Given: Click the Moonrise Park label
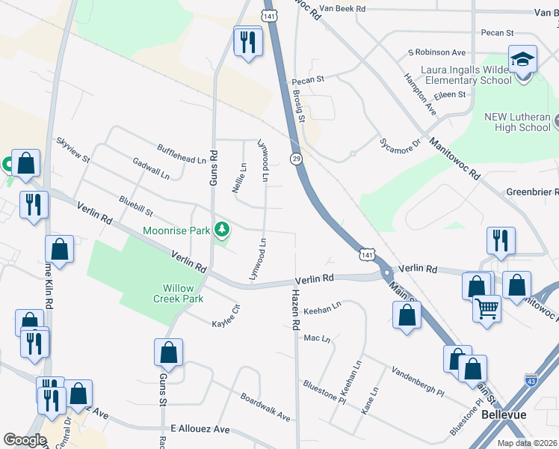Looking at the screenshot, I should (x=177, y=230).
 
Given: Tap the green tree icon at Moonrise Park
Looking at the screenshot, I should (x=221, y=229).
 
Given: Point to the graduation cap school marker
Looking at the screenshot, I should (x=522, y=59).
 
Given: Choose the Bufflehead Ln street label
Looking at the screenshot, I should (x=182, y=155).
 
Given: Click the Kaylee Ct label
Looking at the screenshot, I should (x=225, y=317).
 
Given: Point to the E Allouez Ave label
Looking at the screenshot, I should (x=200, y=430).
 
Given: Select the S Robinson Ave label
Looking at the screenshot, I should (x=436, y=52).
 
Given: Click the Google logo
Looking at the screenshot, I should (x=24, y=440).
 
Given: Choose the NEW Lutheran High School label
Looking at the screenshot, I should (x=517, y=122).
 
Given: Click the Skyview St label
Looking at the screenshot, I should (x=73, y=150).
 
